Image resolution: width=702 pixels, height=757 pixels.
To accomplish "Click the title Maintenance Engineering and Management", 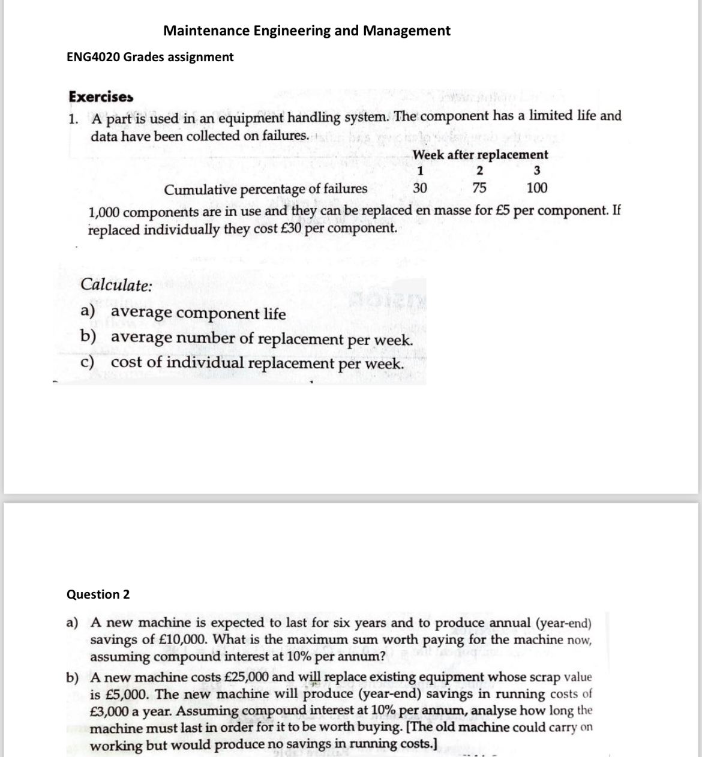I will click(307, 31).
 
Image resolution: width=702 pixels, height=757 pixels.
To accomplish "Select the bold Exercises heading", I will click(101, 97).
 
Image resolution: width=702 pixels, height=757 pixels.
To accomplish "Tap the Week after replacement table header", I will click(480, 155).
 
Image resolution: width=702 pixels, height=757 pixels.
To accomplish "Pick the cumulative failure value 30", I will click(420, 188).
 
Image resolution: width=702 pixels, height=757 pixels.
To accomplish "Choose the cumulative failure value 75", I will click(479, 188).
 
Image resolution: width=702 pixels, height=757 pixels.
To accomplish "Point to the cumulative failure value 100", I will click(536, 188).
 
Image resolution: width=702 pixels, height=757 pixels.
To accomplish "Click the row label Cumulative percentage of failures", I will click(266, 190).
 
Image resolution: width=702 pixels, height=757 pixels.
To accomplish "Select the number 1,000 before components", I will click(106, 212).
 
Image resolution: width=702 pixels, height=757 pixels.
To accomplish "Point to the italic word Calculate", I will click(116, 284).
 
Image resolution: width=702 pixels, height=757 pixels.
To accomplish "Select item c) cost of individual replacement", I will click(242, 363).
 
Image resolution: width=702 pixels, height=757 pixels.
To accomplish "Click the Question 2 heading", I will click(98, 594).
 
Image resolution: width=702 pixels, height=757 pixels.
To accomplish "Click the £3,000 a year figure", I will click(111, 711).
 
